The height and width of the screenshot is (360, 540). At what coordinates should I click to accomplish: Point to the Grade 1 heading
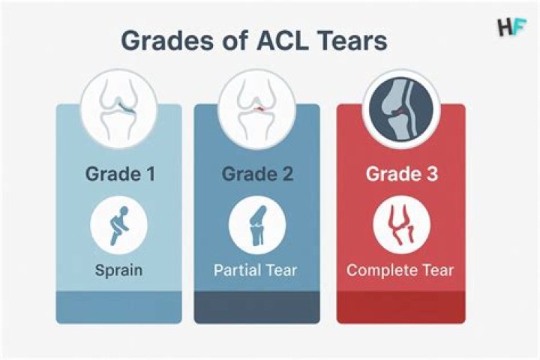click(119, 175)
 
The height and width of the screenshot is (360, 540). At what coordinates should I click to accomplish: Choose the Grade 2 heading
click(257, 175)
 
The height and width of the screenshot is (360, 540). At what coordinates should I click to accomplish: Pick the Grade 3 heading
click(400, 175)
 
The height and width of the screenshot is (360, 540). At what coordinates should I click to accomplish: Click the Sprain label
click(119, 269)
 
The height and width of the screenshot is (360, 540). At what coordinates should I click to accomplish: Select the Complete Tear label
click(400, 270)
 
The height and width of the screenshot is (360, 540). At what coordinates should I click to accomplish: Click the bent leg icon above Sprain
click(119, 224)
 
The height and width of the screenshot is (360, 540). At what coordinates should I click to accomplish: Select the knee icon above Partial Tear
click(257, 224)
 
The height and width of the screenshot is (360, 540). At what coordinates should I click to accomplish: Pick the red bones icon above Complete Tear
click(400, 224)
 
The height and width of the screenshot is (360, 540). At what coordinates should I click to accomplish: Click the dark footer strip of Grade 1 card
click(119, 308)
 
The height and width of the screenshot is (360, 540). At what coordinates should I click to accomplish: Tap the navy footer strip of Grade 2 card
click(257, 308)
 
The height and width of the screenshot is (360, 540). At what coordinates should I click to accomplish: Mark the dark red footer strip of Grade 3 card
click(400, 308)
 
